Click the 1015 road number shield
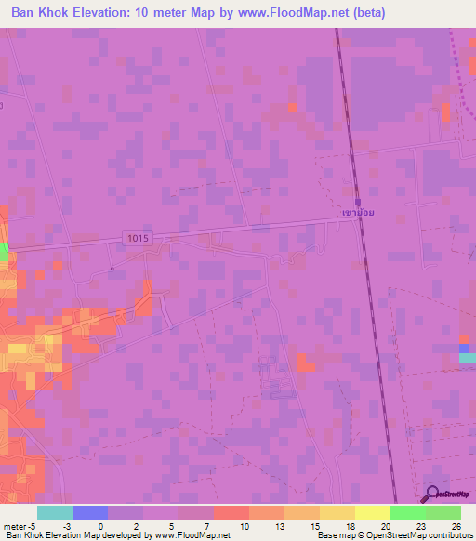tap(135, 239)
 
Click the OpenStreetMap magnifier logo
tap(432, 495)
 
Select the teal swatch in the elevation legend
tap(55, 512)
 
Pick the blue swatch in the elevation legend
tap(90, 512)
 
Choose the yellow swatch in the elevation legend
tap(372, 512)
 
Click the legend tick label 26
tap(456, 525)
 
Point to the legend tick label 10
tap(244, 525)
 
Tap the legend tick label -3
tap(66, 525)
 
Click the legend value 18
tap(350, 525)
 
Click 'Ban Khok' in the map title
tap(42, 13)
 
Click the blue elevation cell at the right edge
tap(465, 348)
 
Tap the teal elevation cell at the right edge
tap(468, 357)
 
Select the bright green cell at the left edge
tap(4, 252)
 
